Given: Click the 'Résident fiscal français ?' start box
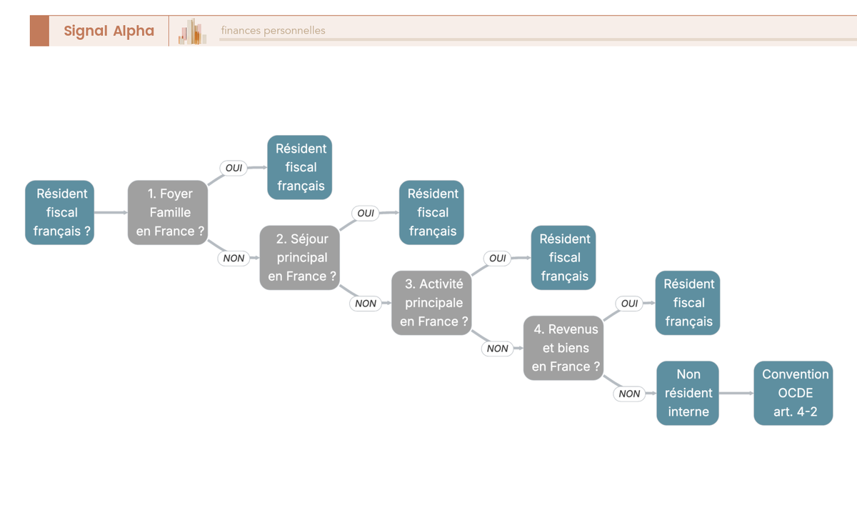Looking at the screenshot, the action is (x=60, y=212).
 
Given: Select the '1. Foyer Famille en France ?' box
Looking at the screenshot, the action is (x=168, y=212).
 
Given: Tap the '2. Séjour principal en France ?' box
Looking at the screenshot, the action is (x=299, y=257).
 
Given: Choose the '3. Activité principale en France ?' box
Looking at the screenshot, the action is (x=431, y=303).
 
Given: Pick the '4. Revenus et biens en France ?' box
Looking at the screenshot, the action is (x=563, y=348).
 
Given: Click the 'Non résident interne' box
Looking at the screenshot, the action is (x=688, y=393).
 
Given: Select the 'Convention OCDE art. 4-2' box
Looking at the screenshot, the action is (x=793, y=393).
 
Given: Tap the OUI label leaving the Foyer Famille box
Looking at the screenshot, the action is (x=234, y=168).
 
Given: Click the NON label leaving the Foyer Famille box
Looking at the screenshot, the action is (x=234, y=258).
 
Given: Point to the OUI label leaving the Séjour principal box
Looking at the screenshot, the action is (x=366, y=213).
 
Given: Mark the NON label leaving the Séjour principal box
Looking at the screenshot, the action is (x=366, y=303).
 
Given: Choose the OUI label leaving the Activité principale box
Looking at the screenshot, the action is (x=497, y=258).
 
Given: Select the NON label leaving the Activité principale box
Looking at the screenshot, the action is (x=497, y=348).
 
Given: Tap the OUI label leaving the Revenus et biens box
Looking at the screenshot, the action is (x=629, y=303).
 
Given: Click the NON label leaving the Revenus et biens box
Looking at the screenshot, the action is (x=629, y=394).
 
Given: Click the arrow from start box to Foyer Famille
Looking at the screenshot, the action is (x=111, y=212).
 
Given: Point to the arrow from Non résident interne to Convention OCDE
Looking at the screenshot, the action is (x=736, y=393).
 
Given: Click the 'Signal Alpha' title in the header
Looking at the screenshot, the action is (x=109, y=31).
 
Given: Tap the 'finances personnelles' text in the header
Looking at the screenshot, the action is (x=273, y=30).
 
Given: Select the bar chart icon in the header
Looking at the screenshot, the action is (x=192, y=31).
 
